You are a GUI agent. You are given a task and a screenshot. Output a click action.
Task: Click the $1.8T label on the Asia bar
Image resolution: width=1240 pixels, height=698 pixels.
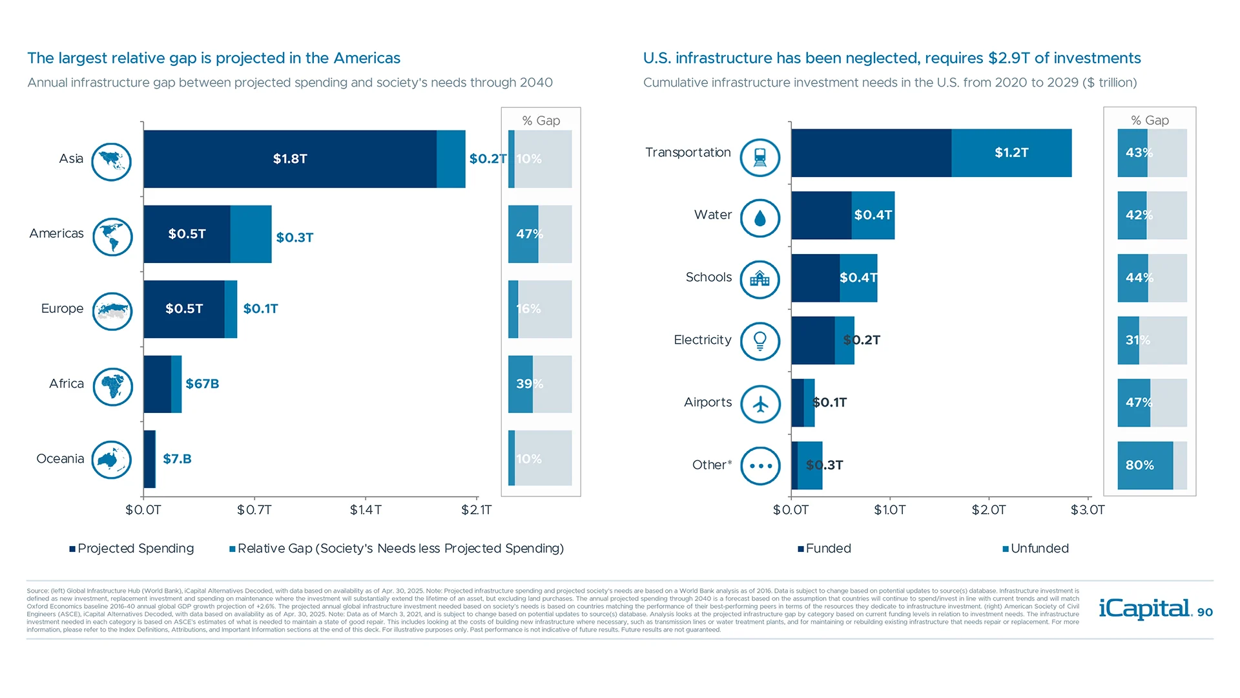coord(290,159)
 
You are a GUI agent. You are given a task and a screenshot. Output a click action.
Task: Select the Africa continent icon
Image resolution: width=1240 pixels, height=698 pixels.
coord(112,386)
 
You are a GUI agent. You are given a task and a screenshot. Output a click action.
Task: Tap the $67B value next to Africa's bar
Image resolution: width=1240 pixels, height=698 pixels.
coord(202,384)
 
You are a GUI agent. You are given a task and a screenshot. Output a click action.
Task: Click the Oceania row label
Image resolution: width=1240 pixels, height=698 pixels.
coord(60,459)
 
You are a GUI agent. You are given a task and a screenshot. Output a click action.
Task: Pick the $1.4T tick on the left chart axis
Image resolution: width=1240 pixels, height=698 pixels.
coord(366,510)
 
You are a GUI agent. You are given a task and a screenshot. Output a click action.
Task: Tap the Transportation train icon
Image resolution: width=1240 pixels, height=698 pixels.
coord(760,158)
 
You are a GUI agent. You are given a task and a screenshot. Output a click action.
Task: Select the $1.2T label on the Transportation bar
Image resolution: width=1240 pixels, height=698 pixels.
coord(1011,153)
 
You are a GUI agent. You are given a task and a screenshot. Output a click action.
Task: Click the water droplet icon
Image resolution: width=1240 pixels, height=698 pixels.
coord(760,218)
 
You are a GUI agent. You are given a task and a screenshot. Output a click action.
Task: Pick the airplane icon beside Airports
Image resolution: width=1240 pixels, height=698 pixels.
coord(760,405)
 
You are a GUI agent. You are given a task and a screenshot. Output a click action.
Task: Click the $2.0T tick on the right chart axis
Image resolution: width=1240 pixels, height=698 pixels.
coord(989,510)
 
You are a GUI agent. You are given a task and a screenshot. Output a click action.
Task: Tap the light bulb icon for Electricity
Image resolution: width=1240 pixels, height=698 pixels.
coord(760,341)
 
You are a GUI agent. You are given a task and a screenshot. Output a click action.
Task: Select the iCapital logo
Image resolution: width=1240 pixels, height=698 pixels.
coord(1145,609)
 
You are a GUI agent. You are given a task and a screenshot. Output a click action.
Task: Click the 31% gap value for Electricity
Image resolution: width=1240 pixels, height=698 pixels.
coord(1137,340)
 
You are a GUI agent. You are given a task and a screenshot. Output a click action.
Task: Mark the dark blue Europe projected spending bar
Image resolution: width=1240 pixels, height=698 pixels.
coord(184,309)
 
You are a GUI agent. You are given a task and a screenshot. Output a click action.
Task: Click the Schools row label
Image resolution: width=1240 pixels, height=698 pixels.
coord(708,277)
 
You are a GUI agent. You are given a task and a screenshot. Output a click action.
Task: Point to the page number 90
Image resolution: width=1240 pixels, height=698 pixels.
coord(1205,612)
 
